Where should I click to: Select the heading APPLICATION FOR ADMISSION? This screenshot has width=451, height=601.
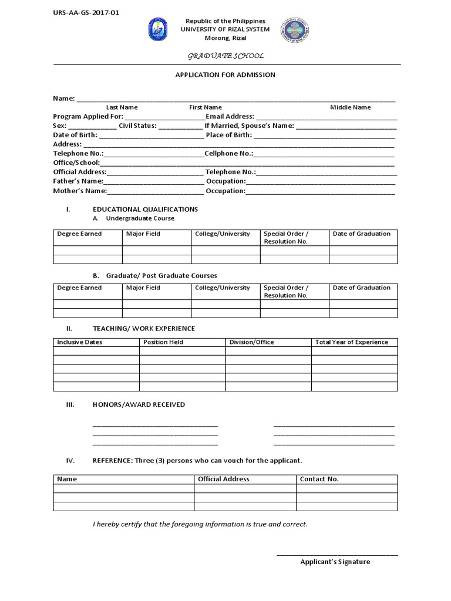[226, 75]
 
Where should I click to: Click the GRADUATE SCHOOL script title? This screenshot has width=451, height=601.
[225, 56]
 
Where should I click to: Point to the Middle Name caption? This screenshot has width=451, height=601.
[350, 107]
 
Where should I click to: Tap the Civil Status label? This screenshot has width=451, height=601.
[137, 126]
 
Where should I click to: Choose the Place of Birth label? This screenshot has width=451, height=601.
[229, 135]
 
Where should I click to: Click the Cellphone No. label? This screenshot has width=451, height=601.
[229, 153]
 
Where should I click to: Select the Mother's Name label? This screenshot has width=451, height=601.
[80, 191]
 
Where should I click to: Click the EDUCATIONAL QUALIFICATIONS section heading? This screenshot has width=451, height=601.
[145, 210]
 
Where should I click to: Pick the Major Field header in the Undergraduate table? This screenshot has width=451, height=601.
[143, 234]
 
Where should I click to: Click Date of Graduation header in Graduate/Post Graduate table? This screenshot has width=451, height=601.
[361, 288]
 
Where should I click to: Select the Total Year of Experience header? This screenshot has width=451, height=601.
[352, 342]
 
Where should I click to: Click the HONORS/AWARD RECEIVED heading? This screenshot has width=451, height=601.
[139, 404]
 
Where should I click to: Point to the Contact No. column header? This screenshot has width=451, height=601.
[319, 479]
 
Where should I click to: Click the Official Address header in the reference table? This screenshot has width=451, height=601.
[224, 479]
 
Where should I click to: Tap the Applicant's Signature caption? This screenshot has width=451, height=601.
[335, 562]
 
